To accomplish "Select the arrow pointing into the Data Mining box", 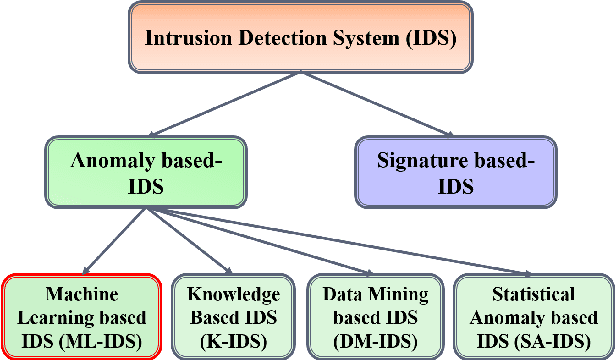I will pyautogui.click(x=300, y=240).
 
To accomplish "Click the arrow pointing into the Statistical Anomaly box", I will pyautogui.click(x=400, y=241).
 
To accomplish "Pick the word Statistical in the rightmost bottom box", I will pyautogui.click(x=533, y=294).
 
